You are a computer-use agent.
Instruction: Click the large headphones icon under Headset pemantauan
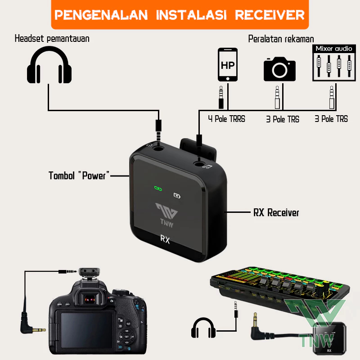(x=49, y=65)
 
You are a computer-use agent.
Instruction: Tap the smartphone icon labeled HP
(x=228, y=64)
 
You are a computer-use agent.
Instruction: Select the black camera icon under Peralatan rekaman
(x=279, y=69)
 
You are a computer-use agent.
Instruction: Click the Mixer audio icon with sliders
(x=334, y=63)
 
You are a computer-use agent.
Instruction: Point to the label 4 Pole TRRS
(x=227, y=119)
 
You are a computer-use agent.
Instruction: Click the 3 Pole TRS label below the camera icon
(x=283, y=119)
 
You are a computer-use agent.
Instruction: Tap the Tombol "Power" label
(x=79, y=175)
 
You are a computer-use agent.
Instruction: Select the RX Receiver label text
(x=276, y=212)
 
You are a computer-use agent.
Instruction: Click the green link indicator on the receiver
(x=158, y=189)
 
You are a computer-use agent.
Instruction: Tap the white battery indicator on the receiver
(x=177, y=196)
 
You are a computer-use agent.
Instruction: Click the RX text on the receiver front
(x=165, y=239)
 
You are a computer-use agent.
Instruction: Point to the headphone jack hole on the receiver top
(x=158, y=148)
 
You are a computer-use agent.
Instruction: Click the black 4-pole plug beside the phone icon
(x=221, y=97)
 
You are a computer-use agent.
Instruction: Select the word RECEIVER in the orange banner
(x=270, y=15)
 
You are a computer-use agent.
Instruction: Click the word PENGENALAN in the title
(x=101, y=15)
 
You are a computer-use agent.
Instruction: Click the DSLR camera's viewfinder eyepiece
(x=90, y=298)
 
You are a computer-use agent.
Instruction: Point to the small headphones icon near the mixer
(x=203, y=328)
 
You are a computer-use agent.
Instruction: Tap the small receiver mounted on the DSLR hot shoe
(x=89, y=272)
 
